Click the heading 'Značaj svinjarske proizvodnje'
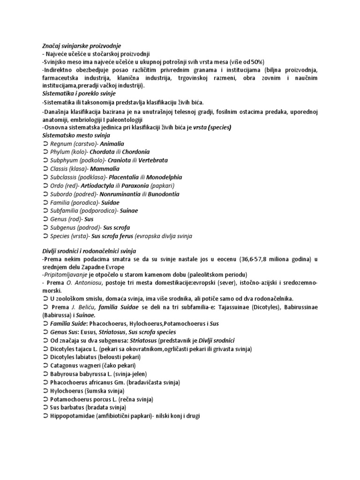click(82, 46)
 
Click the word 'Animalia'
click(112, 144)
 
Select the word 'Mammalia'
click(105, 169)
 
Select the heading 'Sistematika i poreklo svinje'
click(79, 94)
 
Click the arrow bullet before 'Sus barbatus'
click(45, 408)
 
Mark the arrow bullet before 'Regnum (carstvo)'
click(45, 144)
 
